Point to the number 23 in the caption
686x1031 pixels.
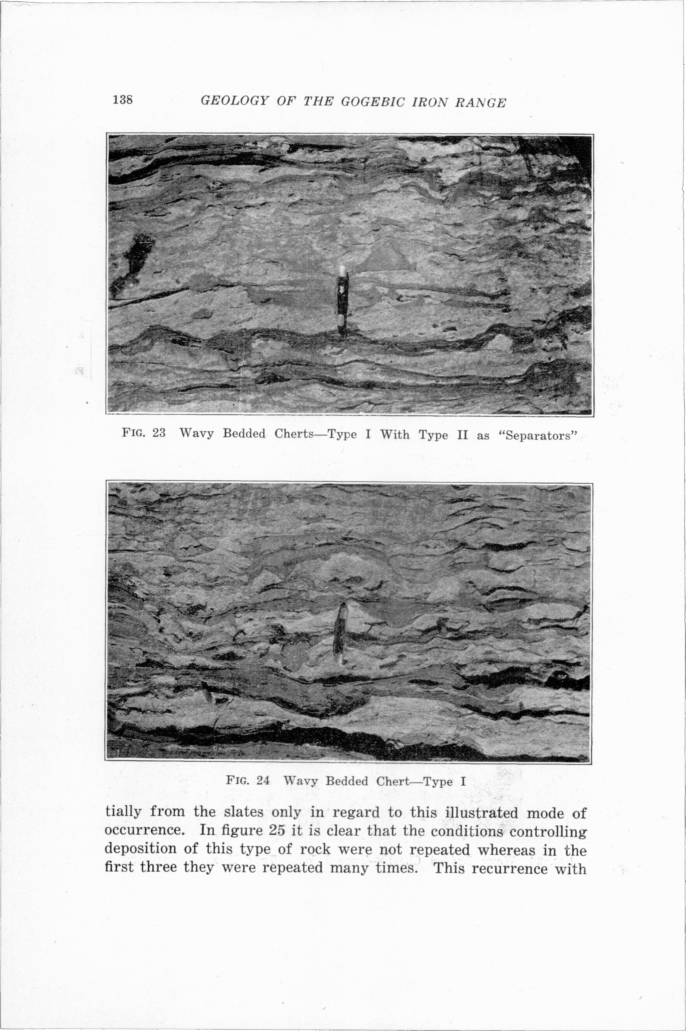[159, 433]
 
